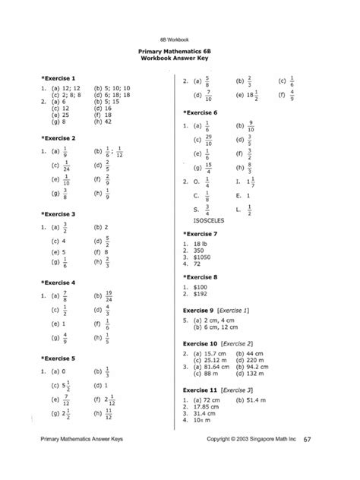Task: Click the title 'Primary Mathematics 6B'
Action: tap(178, 52)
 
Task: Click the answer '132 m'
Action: tap(258, 374)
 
